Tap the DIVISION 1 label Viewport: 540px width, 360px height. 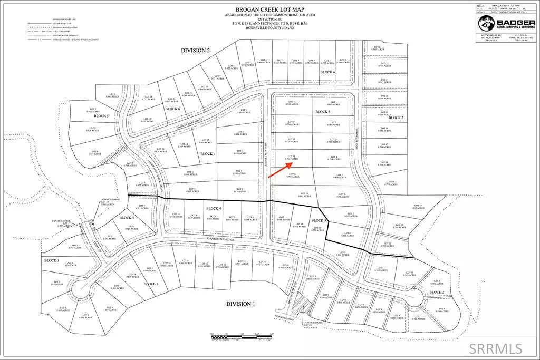(x=240, y=304)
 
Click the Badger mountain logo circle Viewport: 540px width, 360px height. (x=484, y=24)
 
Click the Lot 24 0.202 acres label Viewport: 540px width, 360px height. (x=310, y=327)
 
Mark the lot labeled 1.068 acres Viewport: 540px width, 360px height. (x=243, y=111)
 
